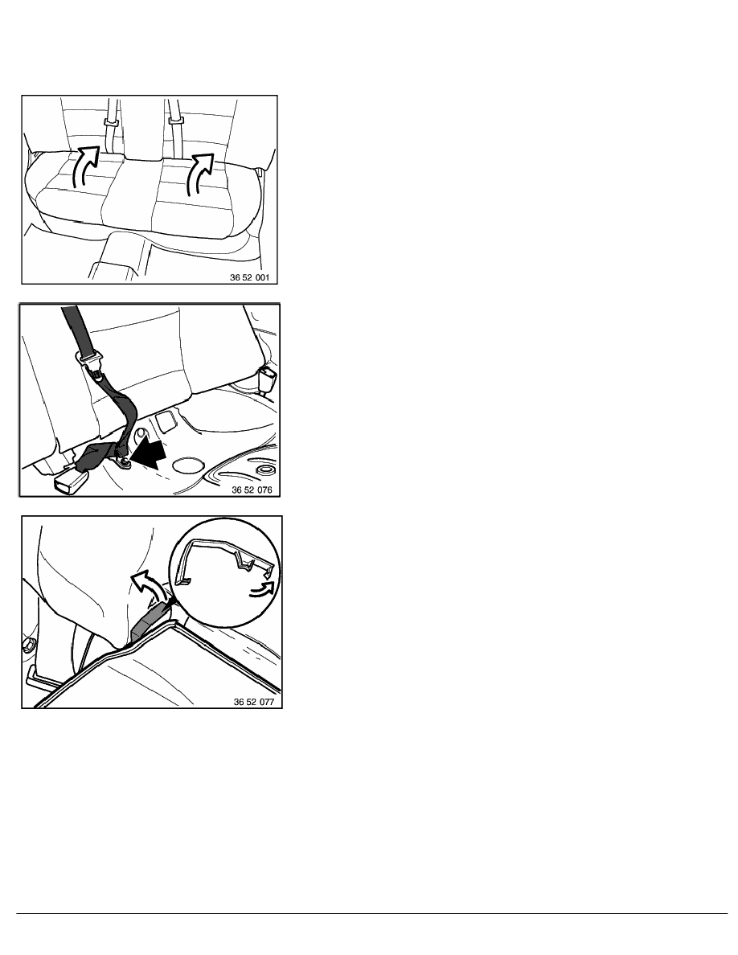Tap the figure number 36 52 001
[249, 277]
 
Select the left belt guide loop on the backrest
[111, 122]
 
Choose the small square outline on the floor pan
[165, 420]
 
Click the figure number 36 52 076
[252, 489]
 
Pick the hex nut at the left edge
[28, 645]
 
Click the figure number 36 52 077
[254, 702]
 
